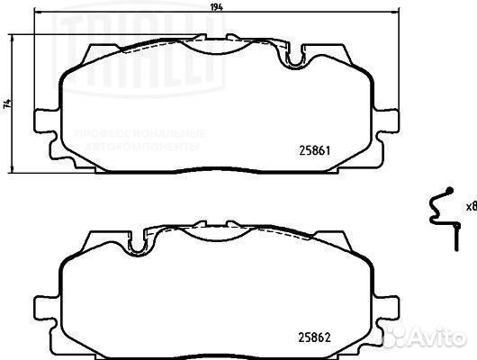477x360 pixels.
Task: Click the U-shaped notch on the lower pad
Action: pyautogui.click(x=138, y=242)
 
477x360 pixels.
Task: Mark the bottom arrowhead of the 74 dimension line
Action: pyautogui.click(x=14, y=170)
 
